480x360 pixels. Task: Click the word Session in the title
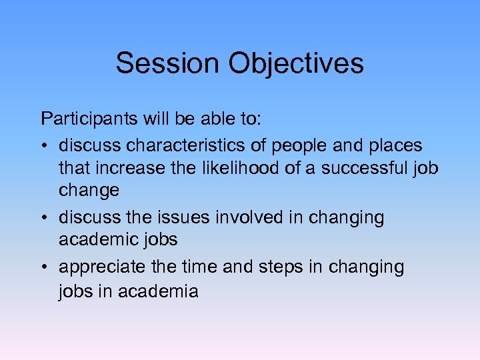[169, 63]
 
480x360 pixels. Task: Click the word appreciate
[101, 267]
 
